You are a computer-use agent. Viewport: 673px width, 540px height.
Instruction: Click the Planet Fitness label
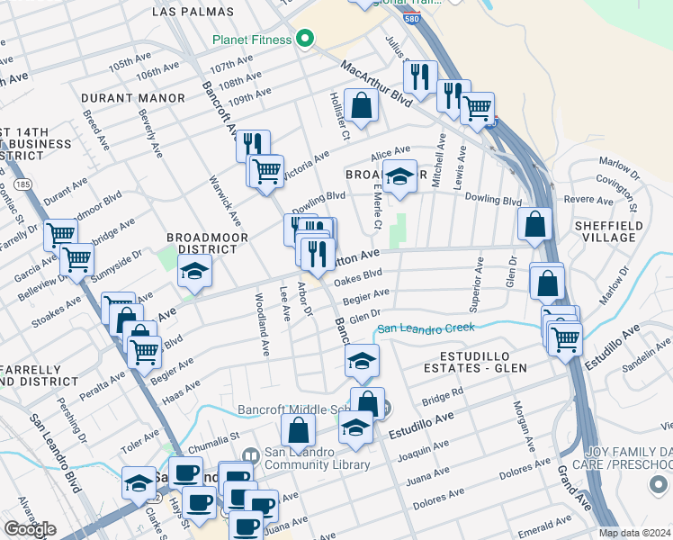(252, 40)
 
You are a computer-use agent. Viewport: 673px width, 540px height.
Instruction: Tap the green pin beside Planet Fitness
(305, 39)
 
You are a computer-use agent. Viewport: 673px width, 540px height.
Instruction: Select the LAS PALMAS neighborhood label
(193, 13)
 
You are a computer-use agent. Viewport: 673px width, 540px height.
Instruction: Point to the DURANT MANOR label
(125, 97)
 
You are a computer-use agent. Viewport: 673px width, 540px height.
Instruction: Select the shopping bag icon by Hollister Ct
(361, 106)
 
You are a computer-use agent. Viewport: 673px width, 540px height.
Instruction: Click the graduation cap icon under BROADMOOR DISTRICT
(193, 270)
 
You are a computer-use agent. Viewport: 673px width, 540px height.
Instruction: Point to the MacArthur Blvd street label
(375, 85)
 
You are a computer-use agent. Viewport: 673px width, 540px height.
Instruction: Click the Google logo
(30, 529)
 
